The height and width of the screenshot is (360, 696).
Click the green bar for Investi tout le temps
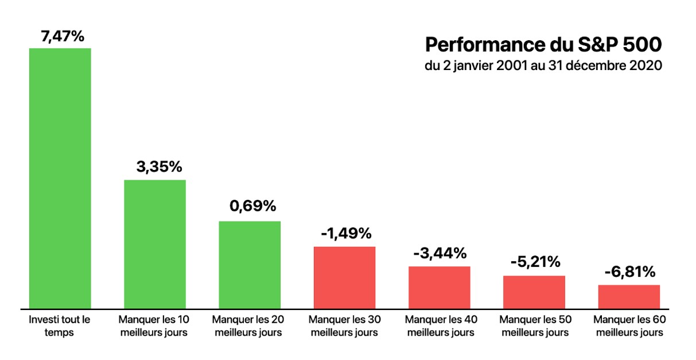click(x=60, y=177)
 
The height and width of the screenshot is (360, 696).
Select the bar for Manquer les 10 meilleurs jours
click(x=155, y=243)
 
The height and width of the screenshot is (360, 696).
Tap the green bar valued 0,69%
click(x=250, y=264)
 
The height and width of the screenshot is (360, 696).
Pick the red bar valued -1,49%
click(x=344, y=277)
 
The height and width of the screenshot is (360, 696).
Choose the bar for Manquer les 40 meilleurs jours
click(x=439, y=287)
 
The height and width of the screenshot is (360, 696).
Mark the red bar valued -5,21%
click(x=534, y=291)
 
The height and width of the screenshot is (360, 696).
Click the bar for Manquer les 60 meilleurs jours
click(x=629, y=296)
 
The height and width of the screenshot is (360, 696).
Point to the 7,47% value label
click(x=63, y=36)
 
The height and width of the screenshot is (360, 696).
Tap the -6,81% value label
click(x=629, y=272)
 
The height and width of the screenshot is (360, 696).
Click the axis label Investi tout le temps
click(x=60, y=326)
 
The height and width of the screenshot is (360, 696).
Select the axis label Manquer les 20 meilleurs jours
click(x=250, y=326)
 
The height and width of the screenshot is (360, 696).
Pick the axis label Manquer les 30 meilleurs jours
click(x=344, y=326)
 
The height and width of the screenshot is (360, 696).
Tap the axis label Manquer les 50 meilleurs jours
click(x=534, y=326)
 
